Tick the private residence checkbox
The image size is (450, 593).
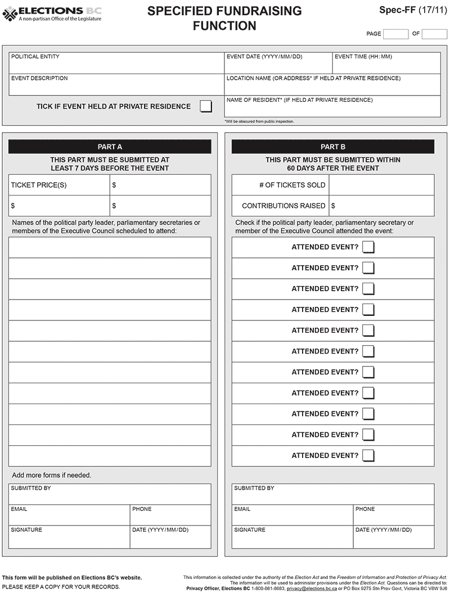pyautogui.click(x=206, y=106)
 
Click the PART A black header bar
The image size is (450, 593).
pyautogui.click(x=110, y=147)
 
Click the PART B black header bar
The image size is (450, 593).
pyautogui.click(x=333, y=147)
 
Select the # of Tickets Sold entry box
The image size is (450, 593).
pyautogui.click(x=381, y=185)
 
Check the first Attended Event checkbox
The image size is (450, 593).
pyautogui.click(x=368, y=247)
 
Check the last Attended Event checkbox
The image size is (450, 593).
pyautogui.click(x=368, y=455)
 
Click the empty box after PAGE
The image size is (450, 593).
pyautogui.click(x=395, y=34)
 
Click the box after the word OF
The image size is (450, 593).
pyautogui.click(x=434, y=34)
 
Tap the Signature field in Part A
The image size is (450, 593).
pyautogui.click(x=69, y=538)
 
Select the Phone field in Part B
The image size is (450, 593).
pyautogui.click(x=394, y=514)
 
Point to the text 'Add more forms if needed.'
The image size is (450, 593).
pyautogui.click(x=51, y=475)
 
